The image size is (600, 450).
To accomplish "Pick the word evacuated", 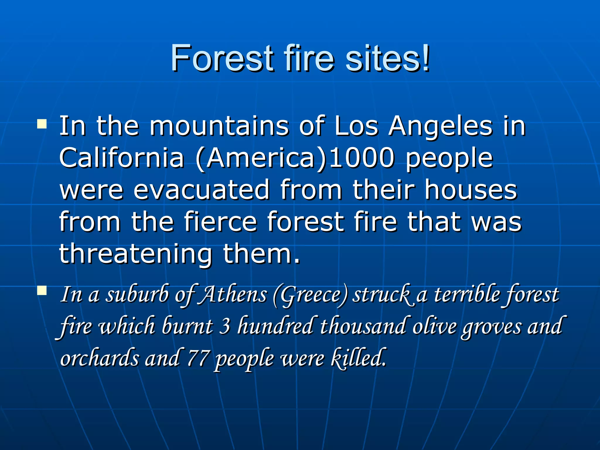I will [201, 190].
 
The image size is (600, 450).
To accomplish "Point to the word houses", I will [471, 190].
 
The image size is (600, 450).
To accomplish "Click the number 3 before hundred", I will [225, 326].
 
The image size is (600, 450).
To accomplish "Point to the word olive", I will [434, 326].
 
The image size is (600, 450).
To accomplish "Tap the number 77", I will [198, 358].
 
